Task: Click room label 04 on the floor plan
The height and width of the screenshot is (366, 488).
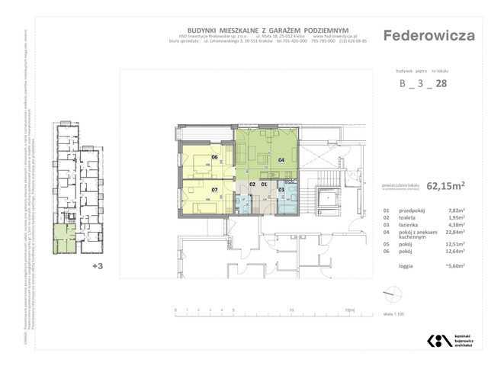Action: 281,160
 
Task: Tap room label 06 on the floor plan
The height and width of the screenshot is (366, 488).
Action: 215,158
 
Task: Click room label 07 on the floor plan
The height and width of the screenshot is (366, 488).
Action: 215,189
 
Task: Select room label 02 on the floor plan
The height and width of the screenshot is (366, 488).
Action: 252,185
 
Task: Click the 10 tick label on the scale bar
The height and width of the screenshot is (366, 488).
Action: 293,310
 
